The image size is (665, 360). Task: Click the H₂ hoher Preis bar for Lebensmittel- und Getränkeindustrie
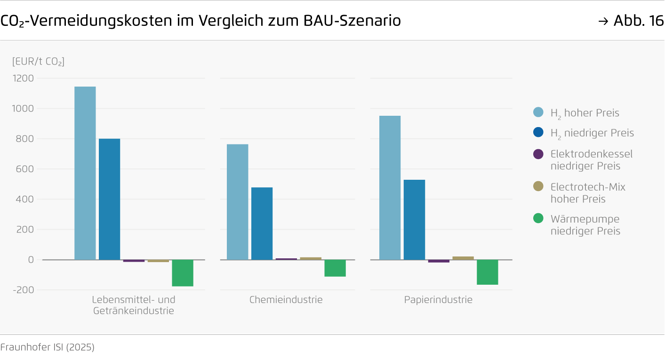(85, 173)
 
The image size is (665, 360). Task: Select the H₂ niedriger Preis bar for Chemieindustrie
(262, 224)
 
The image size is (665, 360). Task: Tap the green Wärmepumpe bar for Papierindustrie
(487, 272)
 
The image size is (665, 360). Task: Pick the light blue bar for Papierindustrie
(390, 188)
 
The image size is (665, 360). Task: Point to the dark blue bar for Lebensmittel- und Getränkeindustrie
(109, 199)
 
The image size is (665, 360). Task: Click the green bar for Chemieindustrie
(335, 268)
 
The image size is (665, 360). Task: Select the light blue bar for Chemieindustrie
(237, 202)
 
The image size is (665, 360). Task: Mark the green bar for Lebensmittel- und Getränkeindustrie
(182, 273)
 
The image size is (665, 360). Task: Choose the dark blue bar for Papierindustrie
(414, 220)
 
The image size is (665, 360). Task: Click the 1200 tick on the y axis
(24, 78)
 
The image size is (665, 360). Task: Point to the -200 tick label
(24, 290)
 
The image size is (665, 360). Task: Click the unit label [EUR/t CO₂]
(38, 61)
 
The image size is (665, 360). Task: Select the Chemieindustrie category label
(286, 300)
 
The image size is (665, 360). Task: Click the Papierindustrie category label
(438, 300)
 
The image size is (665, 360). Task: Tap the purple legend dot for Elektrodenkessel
(538, 154)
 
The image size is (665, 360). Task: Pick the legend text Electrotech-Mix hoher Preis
(588, 193)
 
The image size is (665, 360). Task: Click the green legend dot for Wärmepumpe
(538, 219)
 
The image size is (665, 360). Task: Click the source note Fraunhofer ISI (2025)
(48, 347)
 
